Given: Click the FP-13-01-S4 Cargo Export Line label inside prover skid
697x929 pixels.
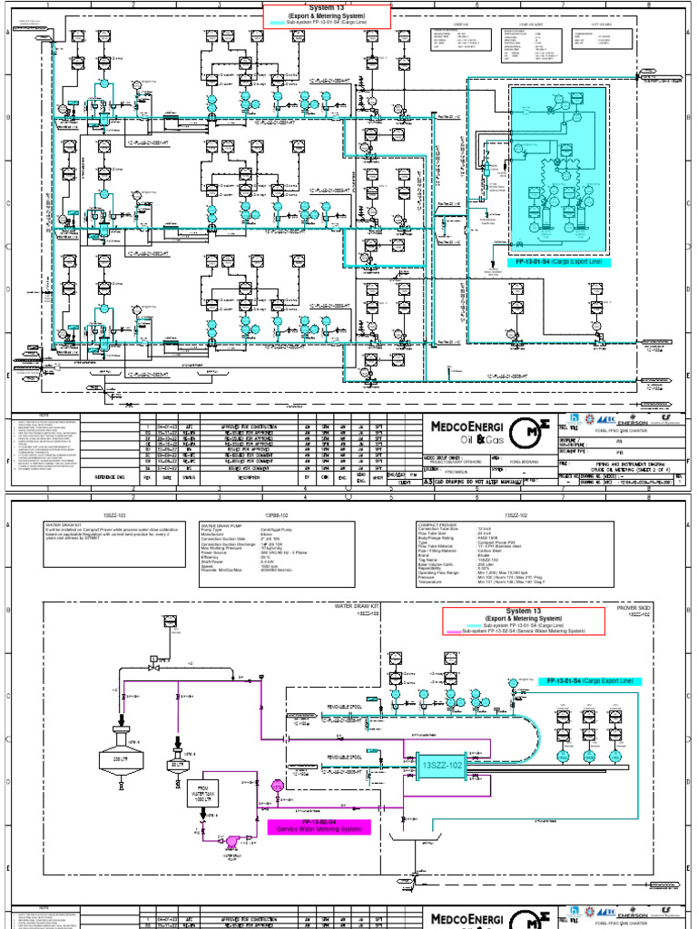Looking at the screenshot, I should click(590, 680).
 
